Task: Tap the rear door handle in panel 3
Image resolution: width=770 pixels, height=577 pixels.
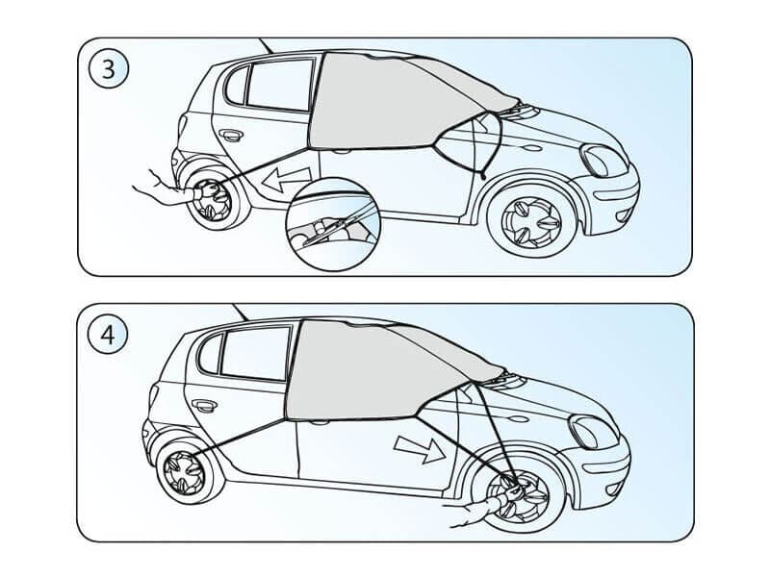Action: [x=231, y=135]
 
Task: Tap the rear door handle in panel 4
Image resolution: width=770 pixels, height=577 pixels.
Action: [x=204, y=405]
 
